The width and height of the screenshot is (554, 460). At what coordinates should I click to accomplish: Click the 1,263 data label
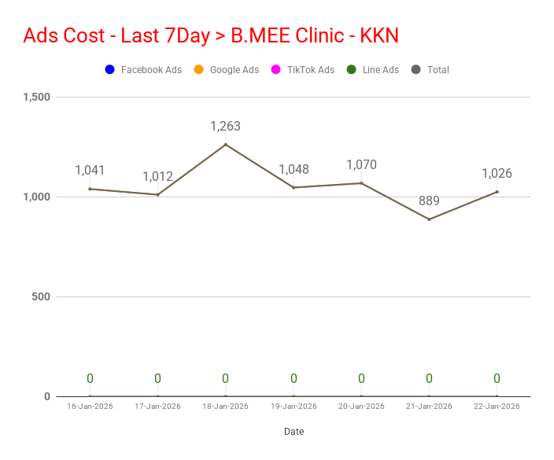225,126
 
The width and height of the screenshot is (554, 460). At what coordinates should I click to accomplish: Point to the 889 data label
429,201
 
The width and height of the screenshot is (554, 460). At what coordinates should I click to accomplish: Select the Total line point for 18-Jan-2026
226,145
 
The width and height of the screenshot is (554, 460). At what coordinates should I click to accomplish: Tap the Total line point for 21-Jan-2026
430,219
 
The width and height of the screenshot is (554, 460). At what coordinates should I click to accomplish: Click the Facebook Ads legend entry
143,69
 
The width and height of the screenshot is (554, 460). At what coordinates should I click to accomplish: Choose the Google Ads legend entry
227,69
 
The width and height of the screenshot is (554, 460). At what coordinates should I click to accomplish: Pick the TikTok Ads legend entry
303,69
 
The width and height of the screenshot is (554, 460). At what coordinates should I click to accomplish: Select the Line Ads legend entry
373,69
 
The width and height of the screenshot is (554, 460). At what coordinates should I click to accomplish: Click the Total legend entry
430,69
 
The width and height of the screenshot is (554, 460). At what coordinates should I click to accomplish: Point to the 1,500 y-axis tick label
37,97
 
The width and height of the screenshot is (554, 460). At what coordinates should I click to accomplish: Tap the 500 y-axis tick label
41,296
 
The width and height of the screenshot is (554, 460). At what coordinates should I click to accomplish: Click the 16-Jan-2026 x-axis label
90,407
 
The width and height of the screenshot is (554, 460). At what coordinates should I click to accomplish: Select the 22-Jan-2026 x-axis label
497,407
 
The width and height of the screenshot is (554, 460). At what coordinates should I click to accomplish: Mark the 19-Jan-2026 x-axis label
294,407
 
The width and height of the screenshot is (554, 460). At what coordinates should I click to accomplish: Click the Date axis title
294,432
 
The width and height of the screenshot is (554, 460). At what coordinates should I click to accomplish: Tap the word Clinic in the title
319,35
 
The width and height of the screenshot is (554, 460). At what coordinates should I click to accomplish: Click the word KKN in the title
379,35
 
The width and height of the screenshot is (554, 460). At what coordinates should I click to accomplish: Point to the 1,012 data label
157,176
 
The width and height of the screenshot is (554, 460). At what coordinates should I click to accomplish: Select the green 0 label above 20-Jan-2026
361,378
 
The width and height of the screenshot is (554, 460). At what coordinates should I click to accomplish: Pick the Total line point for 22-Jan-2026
497,192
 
